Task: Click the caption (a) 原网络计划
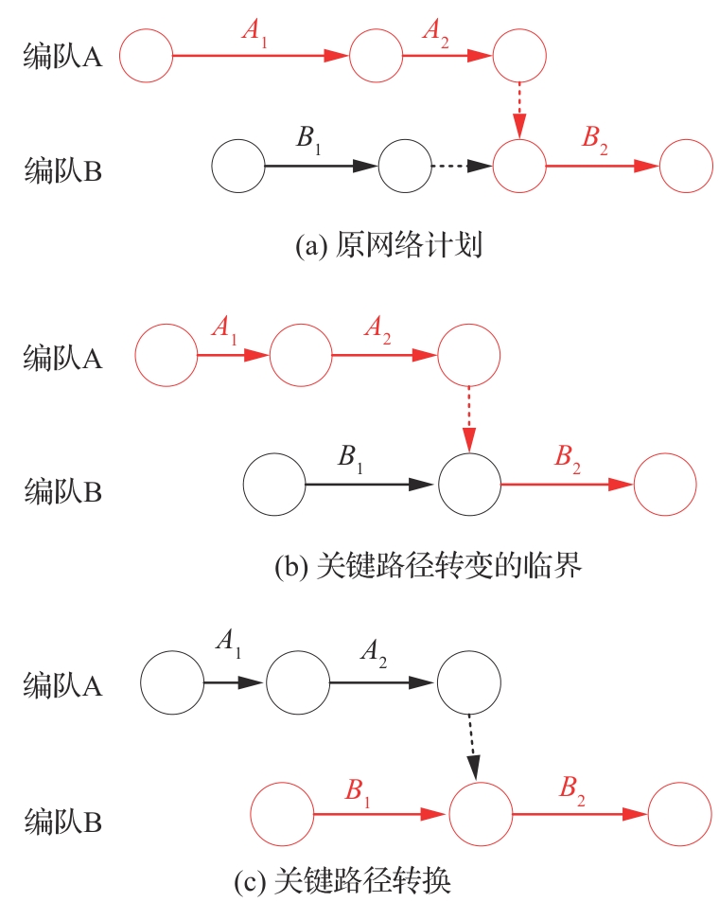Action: pos(390,247)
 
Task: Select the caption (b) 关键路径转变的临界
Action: pos(426,567)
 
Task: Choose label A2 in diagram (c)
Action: pos(374,652)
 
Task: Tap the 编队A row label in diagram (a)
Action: pos(62,58)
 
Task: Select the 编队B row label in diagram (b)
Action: pos(62,491)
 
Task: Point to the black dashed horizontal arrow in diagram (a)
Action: pos(463,168)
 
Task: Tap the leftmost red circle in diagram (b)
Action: pos(167,356)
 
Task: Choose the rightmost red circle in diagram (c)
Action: pos(679,814)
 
